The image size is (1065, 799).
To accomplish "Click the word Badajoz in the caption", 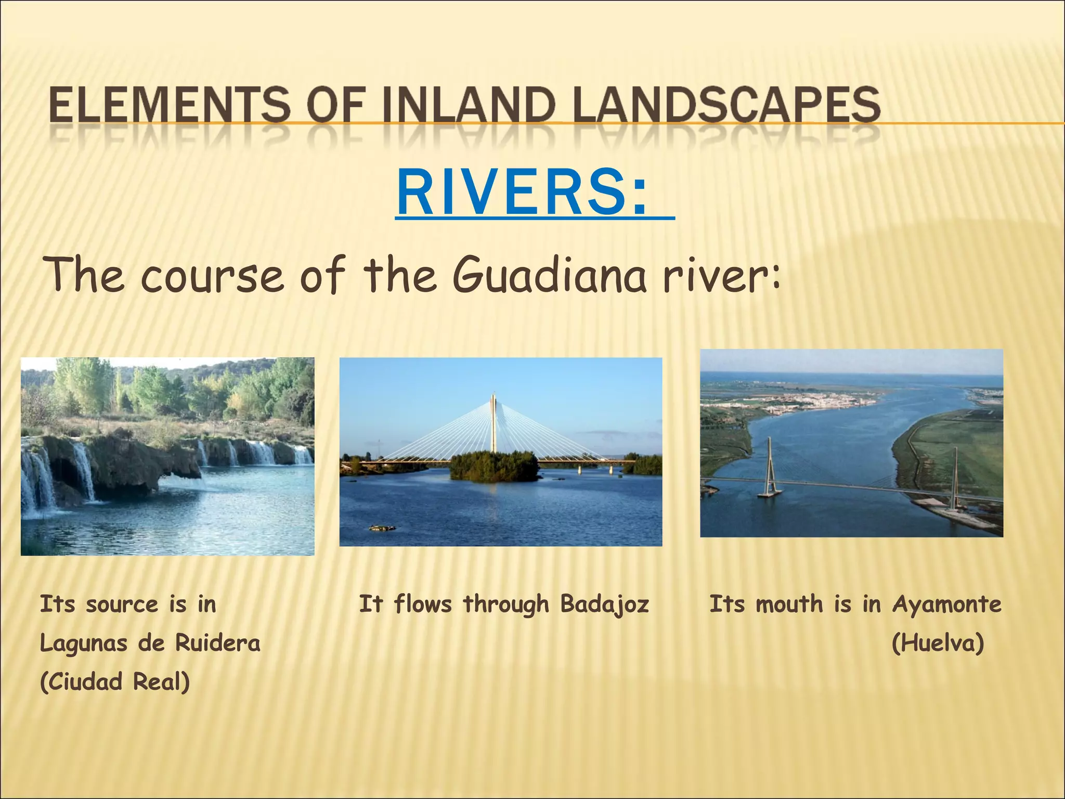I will point(605,604).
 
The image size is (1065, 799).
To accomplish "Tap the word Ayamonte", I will point(946,604).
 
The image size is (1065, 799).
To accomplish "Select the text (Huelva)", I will point(938,643).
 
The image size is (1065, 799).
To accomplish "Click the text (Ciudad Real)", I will point(115,682).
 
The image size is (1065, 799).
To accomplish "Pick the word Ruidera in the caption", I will point(217,643).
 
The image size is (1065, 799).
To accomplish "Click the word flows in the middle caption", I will point(422,604).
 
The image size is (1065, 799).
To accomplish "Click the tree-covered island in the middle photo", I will point(493,466).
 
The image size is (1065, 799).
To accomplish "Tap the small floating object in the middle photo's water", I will point(382,529).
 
